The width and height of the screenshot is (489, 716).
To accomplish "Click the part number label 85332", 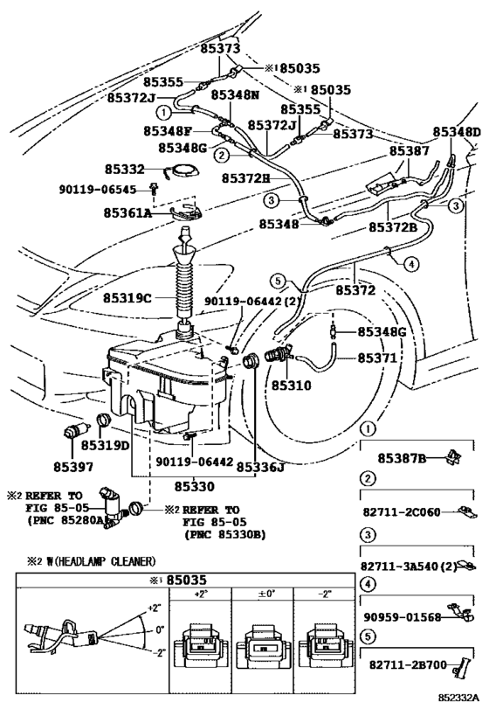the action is pyautogui.click(x=125, y=170).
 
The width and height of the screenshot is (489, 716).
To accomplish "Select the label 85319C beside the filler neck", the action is pyautogui.click(x=127, y=298).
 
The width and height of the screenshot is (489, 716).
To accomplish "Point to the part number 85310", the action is pyautogui.click(x=292, y=386).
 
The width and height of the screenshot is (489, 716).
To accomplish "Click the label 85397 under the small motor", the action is pyautogui.click(x=73, y=467).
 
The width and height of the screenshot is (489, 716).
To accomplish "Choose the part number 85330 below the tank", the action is pyautogui.click(x=194, y=486).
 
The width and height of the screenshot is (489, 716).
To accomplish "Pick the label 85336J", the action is pyautogui.click(x=260, y=467).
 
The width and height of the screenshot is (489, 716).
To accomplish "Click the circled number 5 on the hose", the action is pyautogui.click(x=279, y=281).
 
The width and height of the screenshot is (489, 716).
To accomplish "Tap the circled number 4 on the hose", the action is pyautogui.click(x=411, y=264).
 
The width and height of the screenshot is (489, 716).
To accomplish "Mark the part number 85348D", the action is pyautogui.click(x=457, y=132).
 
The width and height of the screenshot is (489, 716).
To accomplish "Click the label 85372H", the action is pyautogui.click(x=246, y=178).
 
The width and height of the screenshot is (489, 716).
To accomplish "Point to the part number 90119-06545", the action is pyautogui.click(x=98, y=189).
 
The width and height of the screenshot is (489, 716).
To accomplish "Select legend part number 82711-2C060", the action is pyautogui.click(x=402, y=512).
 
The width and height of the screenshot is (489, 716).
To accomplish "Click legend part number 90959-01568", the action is pyautogui.click(x=403, y=617).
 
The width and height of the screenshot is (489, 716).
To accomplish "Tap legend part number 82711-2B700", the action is pyautogui.click(x=408, y=664).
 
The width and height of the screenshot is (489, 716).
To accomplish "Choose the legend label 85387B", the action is pyautogui.click(x=402, y=458).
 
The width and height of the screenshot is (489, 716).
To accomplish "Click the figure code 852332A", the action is pyautogui.click(x=459, y=698).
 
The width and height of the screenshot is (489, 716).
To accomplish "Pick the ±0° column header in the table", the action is pyautogui.click(x=263, y=594).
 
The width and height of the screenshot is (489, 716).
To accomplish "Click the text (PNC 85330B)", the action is pyautogui.click(x=225, y=534).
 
